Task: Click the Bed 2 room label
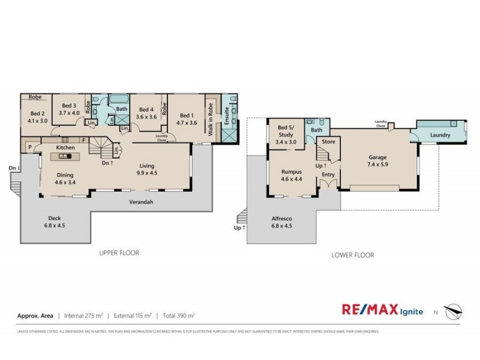point(37,113)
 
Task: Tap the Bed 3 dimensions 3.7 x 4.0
point(70,112)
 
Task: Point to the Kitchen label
point(65,147)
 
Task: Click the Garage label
point(377,158)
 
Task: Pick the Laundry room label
point(440,135)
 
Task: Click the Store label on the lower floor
point(328,142)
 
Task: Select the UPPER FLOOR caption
point(119,253)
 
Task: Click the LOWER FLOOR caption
point(353,255)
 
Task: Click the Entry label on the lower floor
point(328,175)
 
